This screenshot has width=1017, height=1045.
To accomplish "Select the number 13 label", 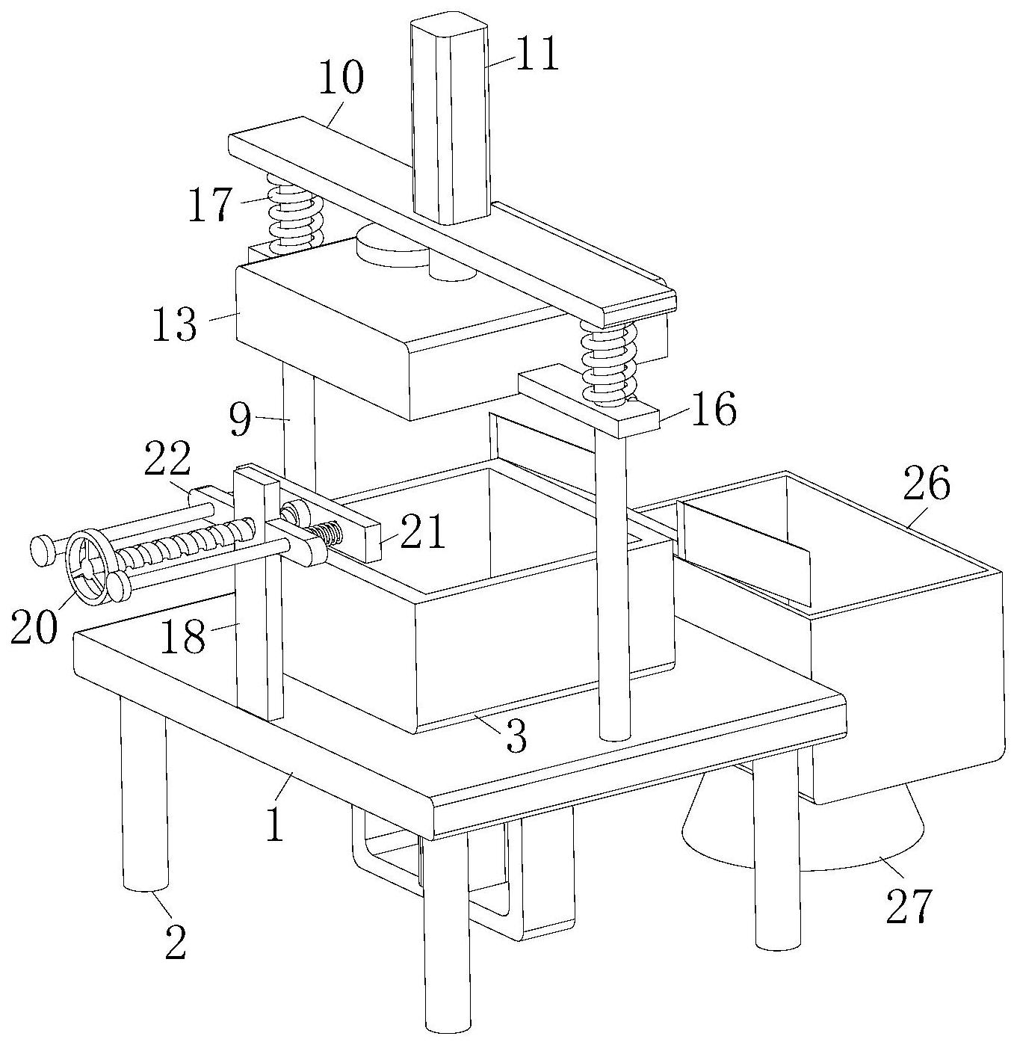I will [x=175, y=325].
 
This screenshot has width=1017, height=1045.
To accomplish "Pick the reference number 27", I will [x=910, y=905].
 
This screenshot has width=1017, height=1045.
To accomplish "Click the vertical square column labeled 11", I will [x=449, y=120].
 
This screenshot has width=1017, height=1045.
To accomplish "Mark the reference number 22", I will [x=168, y=460].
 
